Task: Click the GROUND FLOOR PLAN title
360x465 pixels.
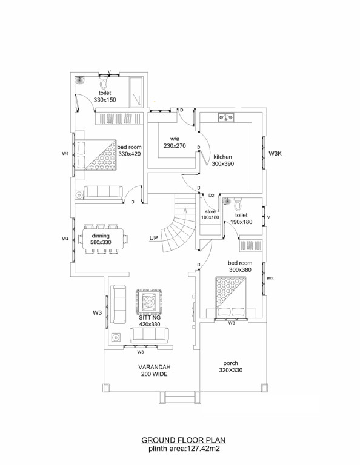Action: coord(183,440)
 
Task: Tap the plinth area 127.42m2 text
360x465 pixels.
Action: coord(184,449)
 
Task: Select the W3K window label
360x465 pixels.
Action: coord(275,154)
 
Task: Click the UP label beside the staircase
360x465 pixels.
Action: coord(153,238)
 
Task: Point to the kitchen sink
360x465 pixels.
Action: coord(226,117)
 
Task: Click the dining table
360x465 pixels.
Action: coord(103,239)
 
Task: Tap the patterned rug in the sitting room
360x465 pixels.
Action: coord(149,302)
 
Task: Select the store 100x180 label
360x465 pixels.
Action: coord(210,214)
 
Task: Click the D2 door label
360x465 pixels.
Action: coord(212,196)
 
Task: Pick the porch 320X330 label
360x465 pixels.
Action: coord(230,367)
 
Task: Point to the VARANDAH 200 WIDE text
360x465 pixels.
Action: coord(155,371)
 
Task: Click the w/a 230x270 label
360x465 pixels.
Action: coord(175,142)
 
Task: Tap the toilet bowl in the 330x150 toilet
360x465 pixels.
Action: coord(104,83)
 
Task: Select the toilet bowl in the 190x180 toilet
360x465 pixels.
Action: coord(238,204)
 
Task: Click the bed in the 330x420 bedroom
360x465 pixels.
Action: coord(95,155)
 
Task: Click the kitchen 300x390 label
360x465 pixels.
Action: coord(222,160)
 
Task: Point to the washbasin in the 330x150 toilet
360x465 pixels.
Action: coord(79,80)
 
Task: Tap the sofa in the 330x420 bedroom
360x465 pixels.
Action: coord(103,192)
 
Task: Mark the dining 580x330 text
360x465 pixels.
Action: coord(101,239)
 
